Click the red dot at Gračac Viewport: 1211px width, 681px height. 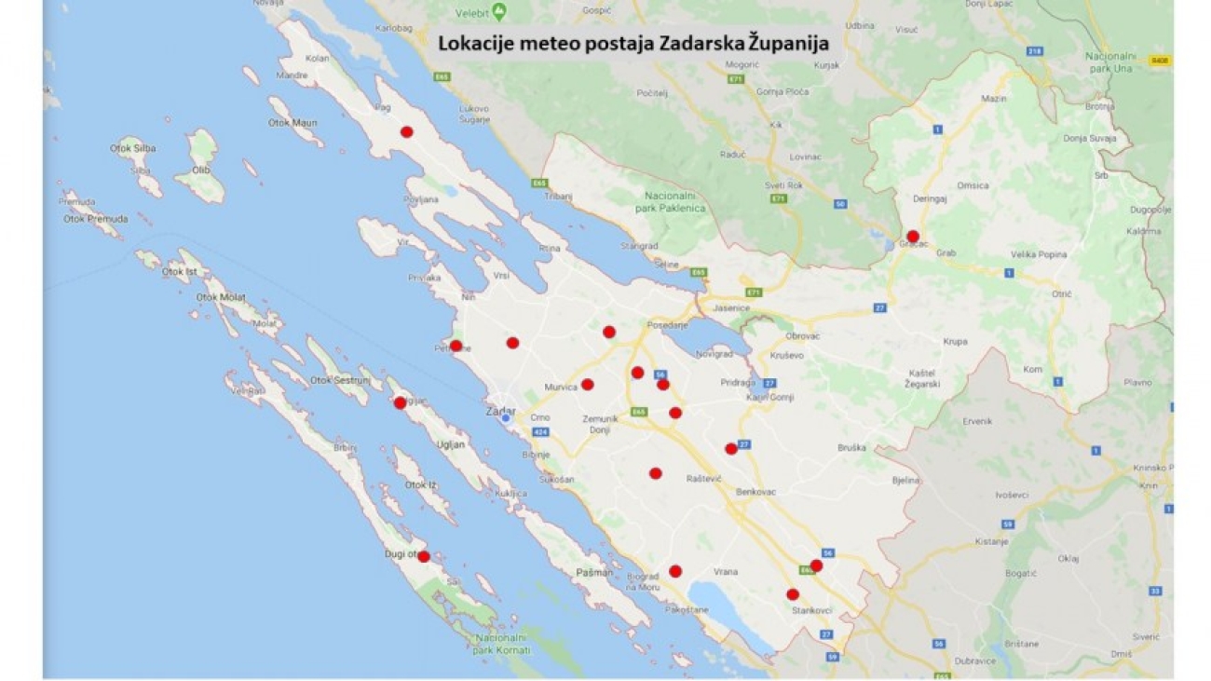pyautogui.click(x=913, y=236)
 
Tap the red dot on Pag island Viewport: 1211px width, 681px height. pyautogui.click(x=406, y=131)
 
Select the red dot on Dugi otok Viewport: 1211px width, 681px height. pyautogui.click(x=424, y=556)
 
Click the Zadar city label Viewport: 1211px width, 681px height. pyautogui.click(x=500, y=411)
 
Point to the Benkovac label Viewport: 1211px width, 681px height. pyautogui.click(x=755, y=491)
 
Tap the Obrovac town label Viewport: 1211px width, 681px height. pyautogui.click(x=802, y=335)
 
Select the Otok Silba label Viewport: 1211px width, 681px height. pyautogui.click(x=133, y=148)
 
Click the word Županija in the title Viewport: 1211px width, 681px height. pyautogui.click(x=782, y=42)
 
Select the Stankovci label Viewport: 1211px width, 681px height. pyautogui.click(x=811, y=610)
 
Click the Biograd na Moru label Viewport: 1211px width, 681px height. pyautogui.click(x=643, y=581)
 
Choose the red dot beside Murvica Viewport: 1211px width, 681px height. pyautogui.click(x=588, y=384)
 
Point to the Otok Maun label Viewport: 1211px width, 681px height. pyautogui.click(x=293, y=123)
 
